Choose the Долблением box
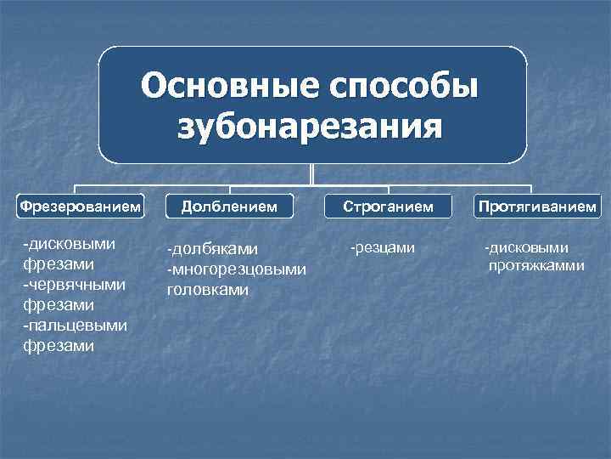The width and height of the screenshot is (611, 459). [x=232, y=207]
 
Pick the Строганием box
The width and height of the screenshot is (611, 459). [x=387, y=207]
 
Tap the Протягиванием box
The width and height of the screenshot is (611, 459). [x=537, y=207]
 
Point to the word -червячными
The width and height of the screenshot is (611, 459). [x=75, y=284]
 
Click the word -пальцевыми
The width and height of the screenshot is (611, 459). [x=75, y=325]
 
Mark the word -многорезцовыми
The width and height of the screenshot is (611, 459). [x=236, y=269]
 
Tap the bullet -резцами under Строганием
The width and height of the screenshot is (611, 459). [x=382, y=247]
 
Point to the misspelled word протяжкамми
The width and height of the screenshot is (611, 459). [x=536, y=266]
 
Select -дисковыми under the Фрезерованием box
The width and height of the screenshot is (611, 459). [x=69, y=244]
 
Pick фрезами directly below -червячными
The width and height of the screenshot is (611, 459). [x=59, y=304]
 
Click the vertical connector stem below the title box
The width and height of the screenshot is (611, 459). [x=312, y=173]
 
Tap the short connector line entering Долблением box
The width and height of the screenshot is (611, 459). [x=232, y=190]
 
